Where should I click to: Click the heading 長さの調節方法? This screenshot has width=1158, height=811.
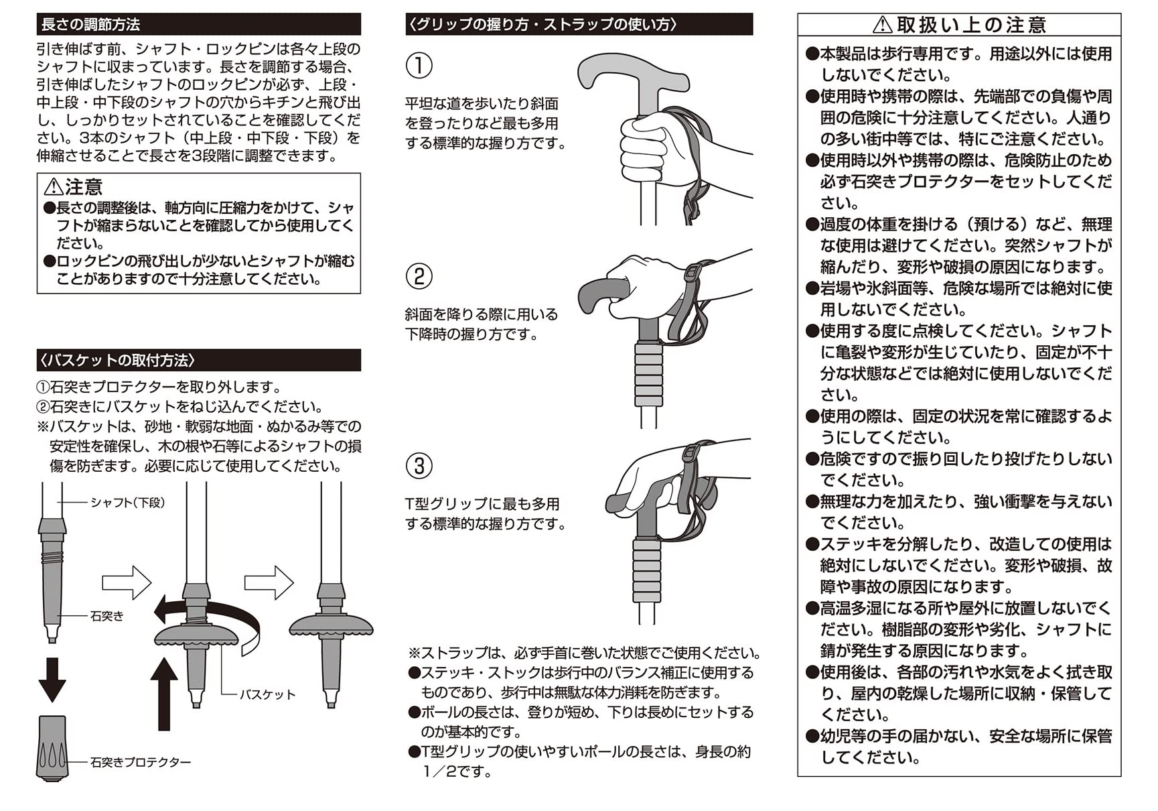(x=90, y=25)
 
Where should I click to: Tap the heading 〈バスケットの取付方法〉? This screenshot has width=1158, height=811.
(x=118, y=361)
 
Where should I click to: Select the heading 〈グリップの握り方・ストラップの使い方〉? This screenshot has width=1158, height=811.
(x=543, y=25)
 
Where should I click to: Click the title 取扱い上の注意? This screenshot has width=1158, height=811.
(x=970, y=25)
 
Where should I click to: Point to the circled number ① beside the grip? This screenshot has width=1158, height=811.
(x=419, y=66)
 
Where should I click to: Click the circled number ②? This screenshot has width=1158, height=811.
(x=419, y=276)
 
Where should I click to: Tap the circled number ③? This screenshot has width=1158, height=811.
(x=419, y=466)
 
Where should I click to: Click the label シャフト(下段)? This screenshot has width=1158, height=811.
(x=127, y=503)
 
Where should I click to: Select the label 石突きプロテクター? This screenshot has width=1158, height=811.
(x=141, y=762)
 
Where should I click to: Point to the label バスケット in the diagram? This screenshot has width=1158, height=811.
(x=267, y=695)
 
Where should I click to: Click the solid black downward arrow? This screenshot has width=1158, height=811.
(x=52, y=679)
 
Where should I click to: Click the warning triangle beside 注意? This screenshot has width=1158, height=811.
(x=53, y=187)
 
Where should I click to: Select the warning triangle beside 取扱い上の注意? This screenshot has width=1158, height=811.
(x=883, y=25)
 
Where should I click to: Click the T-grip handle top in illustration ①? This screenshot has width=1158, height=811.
(x=633, y=72)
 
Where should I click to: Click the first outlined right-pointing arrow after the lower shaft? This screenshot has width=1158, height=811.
(x=127, y=582)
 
